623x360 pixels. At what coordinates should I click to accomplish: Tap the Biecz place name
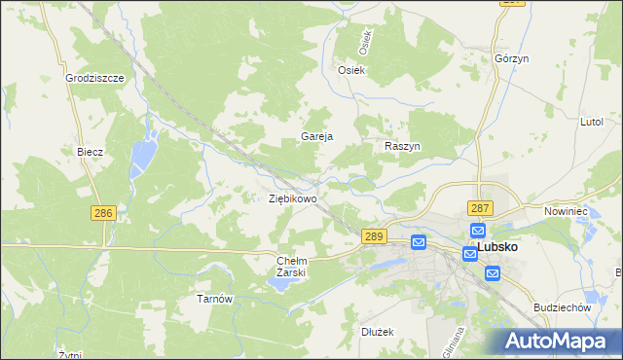coord(90,153)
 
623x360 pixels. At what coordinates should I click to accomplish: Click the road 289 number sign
coord(375,236)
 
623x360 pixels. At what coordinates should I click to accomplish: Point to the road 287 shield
coord(480,208)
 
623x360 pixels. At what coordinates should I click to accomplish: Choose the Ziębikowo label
coord(292,198)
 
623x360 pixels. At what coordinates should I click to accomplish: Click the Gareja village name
coord(317,137)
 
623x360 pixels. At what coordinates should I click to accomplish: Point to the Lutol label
coord(592,122)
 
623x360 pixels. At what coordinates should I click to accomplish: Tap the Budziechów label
coord(564,307)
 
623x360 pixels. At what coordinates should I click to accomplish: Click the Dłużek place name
coord(375,332)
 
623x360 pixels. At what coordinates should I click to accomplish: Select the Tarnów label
coord(215,299)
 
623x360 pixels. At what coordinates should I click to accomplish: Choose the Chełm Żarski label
coord(292,267)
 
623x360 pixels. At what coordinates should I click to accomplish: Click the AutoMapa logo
coord(559,341)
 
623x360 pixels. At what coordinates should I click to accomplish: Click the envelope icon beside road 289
coord(419,242)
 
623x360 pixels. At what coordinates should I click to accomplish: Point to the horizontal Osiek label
coord(350,70)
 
